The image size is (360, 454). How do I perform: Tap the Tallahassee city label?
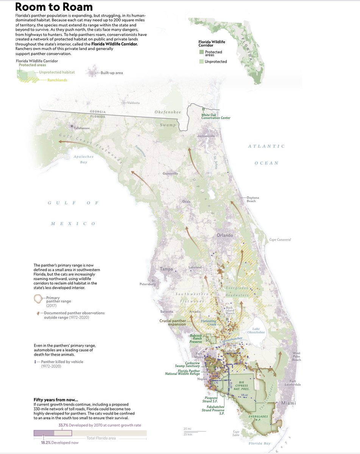(82, 128)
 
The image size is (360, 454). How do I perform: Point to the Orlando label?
(225, 235)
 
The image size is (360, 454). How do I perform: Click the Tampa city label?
(167, 269)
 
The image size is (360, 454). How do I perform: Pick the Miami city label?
(288, 403)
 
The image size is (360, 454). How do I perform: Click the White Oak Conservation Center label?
(216, 116)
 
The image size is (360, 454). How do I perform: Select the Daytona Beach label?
(251, 199)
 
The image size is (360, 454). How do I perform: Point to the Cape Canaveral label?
(280, 240)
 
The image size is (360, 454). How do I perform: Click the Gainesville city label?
(170, 174)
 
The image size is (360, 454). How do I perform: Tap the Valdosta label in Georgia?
(133, 103)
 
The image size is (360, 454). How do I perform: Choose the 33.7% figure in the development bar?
(63, 425)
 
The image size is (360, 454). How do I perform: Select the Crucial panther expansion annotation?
(172, 322)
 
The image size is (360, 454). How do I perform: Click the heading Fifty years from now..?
(56, 400)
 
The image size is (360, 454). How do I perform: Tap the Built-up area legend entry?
(111, 73)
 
